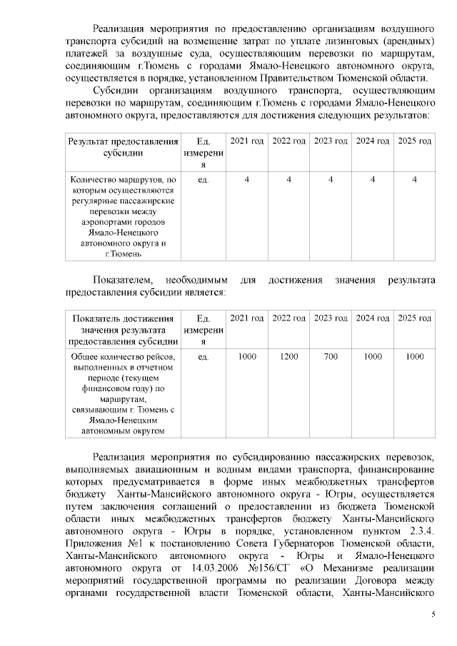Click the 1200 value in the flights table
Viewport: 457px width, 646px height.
coord(289,356)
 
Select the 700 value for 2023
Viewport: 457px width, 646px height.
coord(331,356)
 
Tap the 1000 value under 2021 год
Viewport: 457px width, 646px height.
coord(247,356)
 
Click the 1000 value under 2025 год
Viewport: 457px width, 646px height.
coord(414,356)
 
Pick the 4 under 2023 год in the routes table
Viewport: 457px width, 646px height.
coord(331,180)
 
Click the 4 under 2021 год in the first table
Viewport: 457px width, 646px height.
coord(247,180)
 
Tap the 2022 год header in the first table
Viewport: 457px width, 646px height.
coord(289,141)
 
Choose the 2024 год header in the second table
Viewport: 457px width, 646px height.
coord(373,318)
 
